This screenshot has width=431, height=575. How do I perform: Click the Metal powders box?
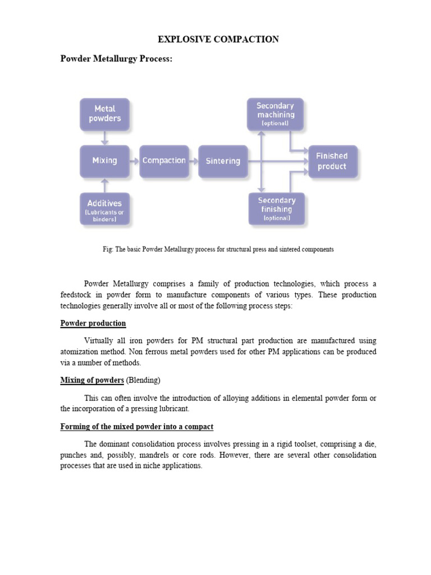(104, 114)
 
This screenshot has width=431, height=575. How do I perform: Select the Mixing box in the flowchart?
(104, 161)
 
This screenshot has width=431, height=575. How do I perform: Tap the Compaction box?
(164, 161)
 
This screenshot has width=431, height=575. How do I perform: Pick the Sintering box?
(223, 161)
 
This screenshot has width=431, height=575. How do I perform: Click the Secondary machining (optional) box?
(275, 114)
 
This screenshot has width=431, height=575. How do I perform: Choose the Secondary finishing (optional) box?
(276, 209)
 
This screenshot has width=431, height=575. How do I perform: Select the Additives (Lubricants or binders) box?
(104, 209)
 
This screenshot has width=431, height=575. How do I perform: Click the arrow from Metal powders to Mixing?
(104, 138)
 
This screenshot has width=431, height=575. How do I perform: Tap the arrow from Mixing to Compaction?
(134, 161)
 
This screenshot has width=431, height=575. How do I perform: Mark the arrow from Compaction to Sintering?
(194, 161)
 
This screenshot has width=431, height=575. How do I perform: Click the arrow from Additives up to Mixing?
(104, 184)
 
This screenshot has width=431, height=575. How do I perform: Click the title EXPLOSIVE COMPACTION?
(218, 39)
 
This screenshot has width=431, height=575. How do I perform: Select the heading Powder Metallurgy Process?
(116, 59)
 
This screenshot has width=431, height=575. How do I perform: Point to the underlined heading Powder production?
(93, 323)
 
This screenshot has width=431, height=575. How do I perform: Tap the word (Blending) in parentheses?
(143, 381)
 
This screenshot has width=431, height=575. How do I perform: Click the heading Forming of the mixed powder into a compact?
(137, 427)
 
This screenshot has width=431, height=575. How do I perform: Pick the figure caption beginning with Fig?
(215, 249)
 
